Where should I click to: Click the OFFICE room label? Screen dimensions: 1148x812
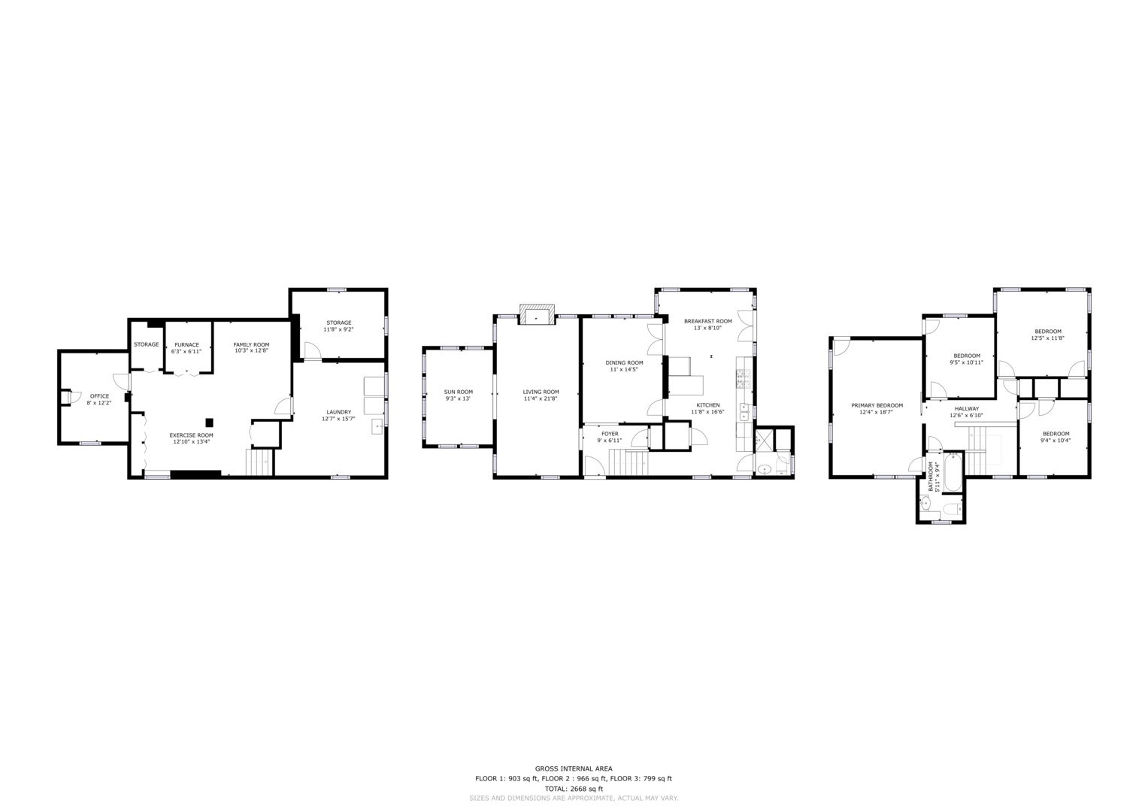[99, 396]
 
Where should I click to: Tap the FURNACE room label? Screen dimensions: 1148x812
[186, 345]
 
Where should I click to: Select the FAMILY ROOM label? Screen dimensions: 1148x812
[251, 345]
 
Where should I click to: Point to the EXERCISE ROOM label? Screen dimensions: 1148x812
[191, 435]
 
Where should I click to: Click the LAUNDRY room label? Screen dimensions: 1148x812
[339, 412]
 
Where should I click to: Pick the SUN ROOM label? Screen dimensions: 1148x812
[458, 392]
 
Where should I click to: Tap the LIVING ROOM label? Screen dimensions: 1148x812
[541, 392]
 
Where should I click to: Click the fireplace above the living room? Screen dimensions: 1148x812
[537, 314]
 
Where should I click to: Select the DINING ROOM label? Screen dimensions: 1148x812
[624, 363]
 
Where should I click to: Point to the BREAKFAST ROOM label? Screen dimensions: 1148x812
[707, 322]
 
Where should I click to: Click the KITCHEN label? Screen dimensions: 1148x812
[707, 405]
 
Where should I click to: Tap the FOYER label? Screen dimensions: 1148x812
[610, 434]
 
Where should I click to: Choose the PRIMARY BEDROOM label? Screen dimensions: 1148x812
[877, 405]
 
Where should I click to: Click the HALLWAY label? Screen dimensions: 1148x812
[967, 408]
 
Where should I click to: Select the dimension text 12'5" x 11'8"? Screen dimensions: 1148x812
[1048, 338]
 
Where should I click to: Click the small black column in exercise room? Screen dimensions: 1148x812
[209, 423]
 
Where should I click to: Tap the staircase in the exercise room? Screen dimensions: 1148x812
[259, 462]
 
